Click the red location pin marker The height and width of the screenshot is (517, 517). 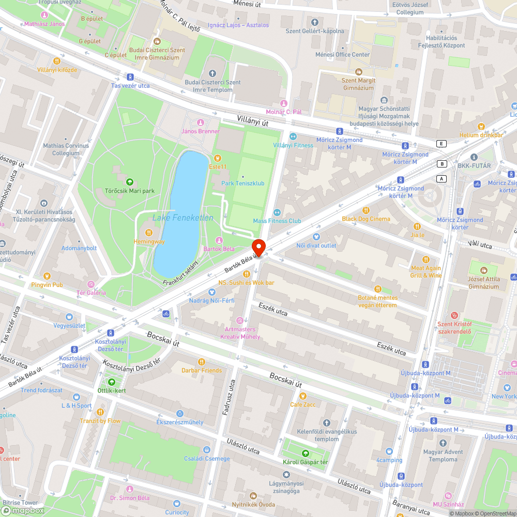click(258, 247)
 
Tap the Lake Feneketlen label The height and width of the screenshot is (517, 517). click(183, 218)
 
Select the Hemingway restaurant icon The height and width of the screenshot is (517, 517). click(148, 232)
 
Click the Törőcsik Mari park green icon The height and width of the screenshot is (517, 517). click(129, 181)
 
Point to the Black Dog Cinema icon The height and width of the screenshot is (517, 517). click(366, 210)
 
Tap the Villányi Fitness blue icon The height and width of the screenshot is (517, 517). click(293, 136)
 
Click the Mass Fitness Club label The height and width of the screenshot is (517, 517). click(277, 221)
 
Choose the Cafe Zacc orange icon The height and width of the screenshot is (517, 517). click(302, 396)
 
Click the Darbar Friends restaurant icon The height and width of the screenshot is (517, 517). click(202, 362)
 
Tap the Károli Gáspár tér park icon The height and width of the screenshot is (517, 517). click(305, 453)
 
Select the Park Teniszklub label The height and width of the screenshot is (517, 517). click(242, 183)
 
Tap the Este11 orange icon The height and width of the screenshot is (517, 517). click(217, 158)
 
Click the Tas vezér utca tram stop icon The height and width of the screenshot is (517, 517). click(130, 77)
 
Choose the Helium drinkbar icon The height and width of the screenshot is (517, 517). click(481, 126)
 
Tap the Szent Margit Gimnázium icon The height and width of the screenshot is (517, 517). click(358, 72)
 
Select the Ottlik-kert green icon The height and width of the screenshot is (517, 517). click(112, 382)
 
